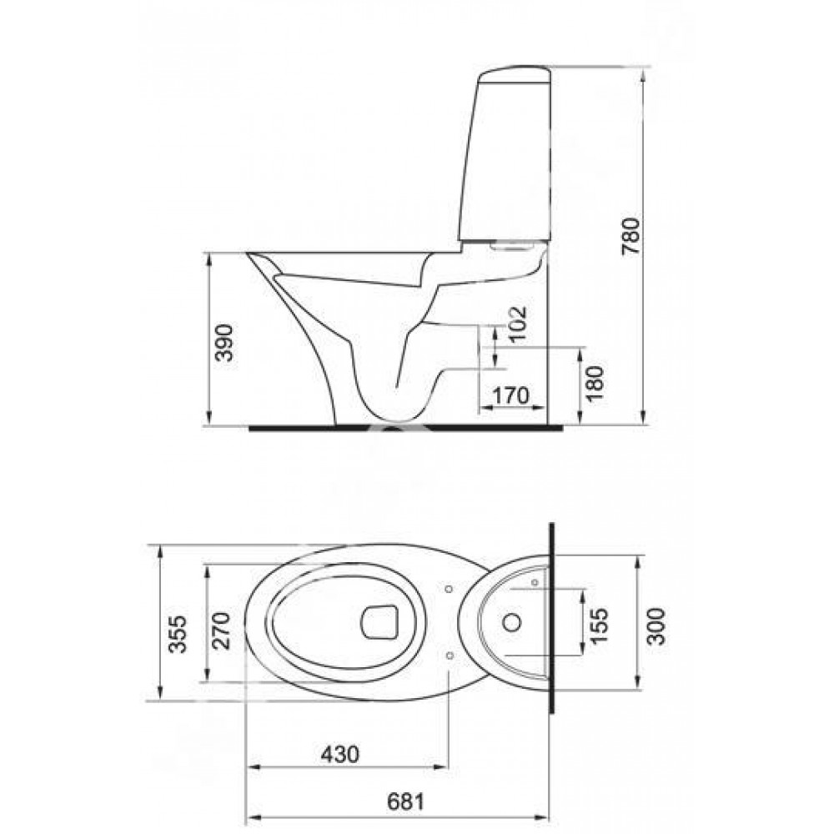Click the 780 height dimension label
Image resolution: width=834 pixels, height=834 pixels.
tap(632, 236)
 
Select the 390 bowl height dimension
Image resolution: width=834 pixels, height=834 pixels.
tap(224, 343)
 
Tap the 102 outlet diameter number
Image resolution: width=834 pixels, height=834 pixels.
tap(516, 325)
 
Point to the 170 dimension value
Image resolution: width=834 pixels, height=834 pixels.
tap(510, 395)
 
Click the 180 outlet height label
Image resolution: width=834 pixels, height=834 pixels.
tap(595, 383)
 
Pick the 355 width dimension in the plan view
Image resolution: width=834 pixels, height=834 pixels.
tap(177, 634)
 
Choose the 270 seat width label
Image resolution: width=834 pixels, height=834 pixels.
tap(221, 631)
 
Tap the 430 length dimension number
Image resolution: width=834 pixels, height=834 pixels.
tap(340, 754)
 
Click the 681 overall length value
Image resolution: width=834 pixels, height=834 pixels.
tap(406, 801)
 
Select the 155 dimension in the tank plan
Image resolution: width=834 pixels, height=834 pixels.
tap(598, 625)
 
